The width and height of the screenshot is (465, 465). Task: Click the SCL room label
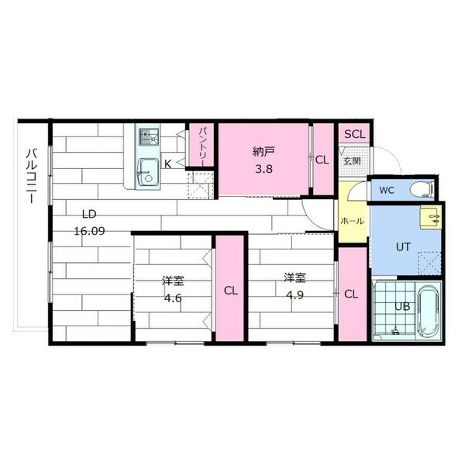click(354, 134)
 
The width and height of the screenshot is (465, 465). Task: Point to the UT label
click(403, 247)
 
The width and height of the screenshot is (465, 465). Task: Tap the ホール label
click(352, 222)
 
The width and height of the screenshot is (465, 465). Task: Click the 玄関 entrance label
click(352, 161)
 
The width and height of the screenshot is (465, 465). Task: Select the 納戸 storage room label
click(263, 151)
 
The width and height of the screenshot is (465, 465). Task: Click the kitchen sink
click(146, 171)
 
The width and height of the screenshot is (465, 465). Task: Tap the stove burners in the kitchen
click(147, 138)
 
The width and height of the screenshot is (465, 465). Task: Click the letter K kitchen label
click(167, 164)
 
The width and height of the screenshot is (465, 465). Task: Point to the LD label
click(90, 215)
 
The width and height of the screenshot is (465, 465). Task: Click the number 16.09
click(90, 230)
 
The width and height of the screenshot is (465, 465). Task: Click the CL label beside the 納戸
click(323, 160)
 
